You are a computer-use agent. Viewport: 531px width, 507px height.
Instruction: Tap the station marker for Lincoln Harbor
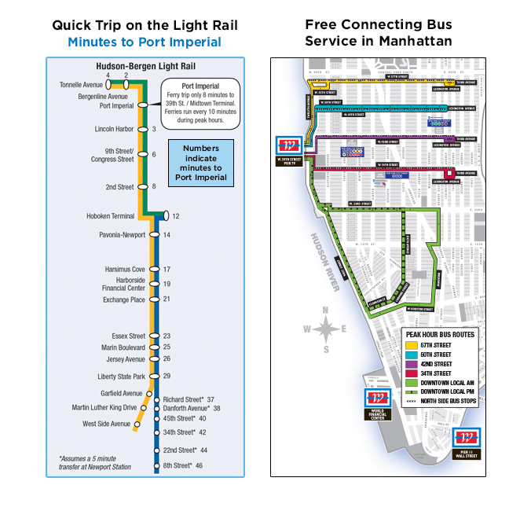point(142,129)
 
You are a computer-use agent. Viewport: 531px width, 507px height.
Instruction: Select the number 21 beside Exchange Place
point(167,299)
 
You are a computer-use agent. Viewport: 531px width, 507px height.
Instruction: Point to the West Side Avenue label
point(107,424)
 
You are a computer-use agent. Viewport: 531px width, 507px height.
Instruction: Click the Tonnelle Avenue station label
point(82,85)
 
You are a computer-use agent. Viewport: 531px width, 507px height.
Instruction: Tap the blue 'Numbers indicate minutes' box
point(201,163)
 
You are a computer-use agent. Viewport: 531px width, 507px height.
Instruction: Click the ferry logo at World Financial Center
point(375,399)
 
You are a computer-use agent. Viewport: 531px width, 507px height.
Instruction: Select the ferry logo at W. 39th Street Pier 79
point(289,145)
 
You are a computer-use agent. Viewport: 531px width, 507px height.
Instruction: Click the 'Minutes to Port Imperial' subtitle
point(144,42)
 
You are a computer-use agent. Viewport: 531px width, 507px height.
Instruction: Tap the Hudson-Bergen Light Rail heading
point(144,68)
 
